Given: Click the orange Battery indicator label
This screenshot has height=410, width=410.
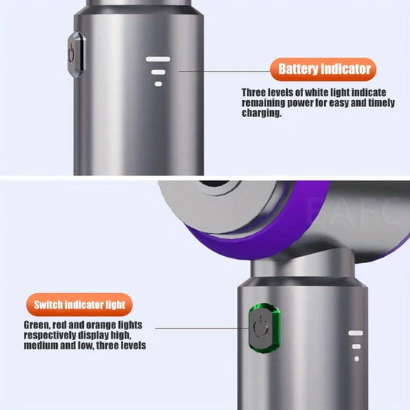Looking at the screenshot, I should [324, 70].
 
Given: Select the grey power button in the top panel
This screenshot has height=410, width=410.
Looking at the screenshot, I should [75, 52].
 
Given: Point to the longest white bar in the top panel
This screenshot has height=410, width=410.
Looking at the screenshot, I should [158, 59].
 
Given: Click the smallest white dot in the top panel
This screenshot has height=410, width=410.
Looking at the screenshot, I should [158, 83].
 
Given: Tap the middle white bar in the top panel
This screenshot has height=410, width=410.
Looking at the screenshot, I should [158, 72].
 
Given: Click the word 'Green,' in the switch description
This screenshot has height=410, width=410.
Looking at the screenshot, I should [38, 325].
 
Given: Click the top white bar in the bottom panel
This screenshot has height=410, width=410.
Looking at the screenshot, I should [355, 334].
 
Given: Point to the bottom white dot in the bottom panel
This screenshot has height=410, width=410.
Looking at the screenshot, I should [355, 358].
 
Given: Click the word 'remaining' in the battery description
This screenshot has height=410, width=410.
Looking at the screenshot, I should [263, 102].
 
